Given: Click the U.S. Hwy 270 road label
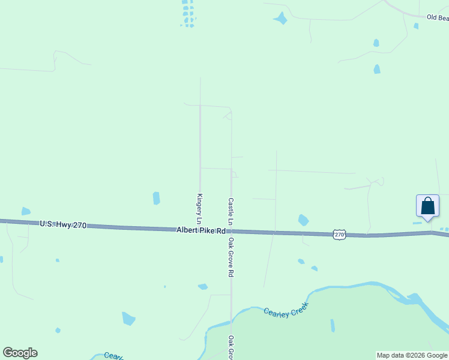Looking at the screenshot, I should click(63, 224).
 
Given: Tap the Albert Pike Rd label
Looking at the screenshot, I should click(200, 230).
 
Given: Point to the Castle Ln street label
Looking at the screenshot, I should click(231, 212).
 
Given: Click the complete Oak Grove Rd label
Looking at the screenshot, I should click(231, 257).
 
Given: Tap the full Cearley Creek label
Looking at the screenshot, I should click(286, 312).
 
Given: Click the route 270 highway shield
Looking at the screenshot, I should click(340, 235).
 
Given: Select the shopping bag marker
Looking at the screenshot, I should click(427, 206).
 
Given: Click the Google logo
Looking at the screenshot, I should click(20, 353).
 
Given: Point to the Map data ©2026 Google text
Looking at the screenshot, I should click(412, 355).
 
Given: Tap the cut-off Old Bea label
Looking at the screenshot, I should click(437, 18).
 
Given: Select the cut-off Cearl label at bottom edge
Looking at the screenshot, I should click(113, 356).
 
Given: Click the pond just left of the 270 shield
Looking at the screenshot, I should click(303, 220).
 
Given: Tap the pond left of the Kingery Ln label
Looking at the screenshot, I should click(157, 198).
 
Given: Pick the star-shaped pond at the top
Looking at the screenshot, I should click(280, 19).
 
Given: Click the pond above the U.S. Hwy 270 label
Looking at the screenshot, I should click(26, 211).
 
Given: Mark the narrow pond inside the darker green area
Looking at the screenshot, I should click(333, 325).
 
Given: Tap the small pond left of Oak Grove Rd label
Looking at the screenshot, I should click(203, 287).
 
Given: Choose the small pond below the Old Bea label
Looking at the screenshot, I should click(416, 26).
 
